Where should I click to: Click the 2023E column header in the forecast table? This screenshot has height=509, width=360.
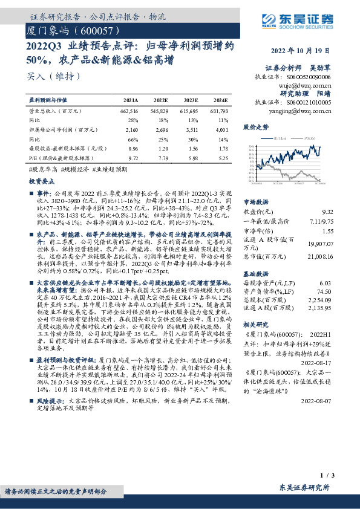pos(191,100)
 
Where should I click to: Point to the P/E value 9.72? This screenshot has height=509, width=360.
pos(134,157)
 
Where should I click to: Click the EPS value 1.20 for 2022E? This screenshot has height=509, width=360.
pos(163,148)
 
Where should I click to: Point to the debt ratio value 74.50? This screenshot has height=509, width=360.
pos(325,291)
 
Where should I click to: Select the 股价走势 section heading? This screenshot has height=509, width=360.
pos(255,128)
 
